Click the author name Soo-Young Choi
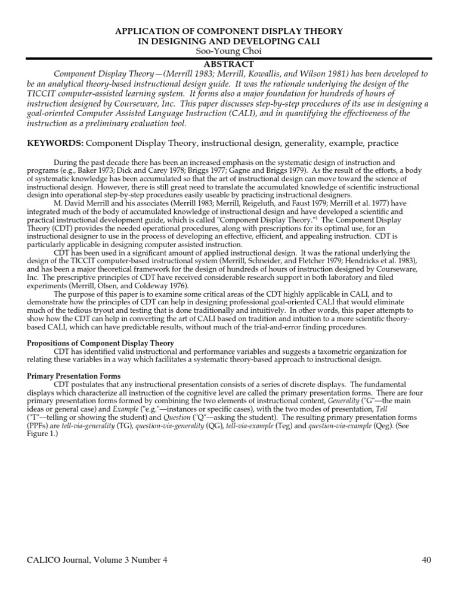click(229, 51)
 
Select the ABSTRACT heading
click(229, 64)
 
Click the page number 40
click(426, 559)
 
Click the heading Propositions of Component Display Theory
click(101, 343)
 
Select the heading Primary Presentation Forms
click(74, 376)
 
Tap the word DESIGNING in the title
click(180, 41)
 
